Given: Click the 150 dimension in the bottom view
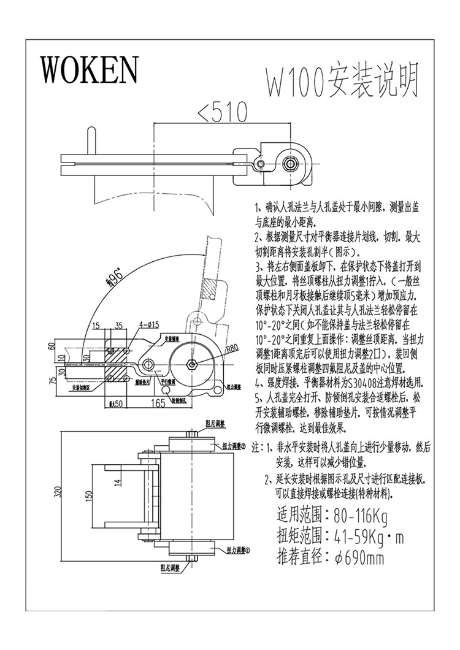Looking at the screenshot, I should (88, 496).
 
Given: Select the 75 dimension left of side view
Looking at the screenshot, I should (54, 379).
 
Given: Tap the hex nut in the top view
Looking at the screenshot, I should (291, 164).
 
